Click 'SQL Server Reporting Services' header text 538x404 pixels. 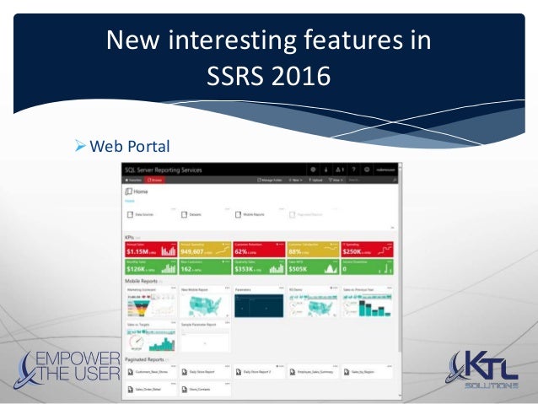[163, 170]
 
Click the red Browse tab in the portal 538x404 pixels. [154, 180]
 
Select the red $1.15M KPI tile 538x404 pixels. [148, 249]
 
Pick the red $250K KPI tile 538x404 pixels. [368, 249]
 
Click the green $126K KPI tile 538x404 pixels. [148, 268]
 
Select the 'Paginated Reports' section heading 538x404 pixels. [143, 359]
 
